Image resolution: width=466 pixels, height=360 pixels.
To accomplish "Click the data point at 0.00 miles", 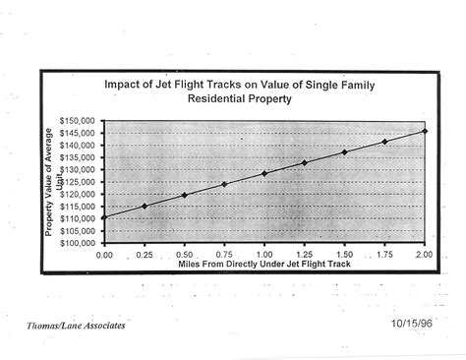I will click(104, 217).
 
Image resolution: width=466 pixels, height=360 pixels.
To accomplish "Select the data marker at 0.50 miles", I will click(184, 195).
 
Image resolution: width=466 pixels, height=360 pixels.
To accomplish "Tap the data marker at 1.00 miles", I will click(264, 173).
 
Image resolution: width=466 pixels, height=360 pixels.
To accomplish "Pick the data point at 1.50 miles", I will click(344, 151).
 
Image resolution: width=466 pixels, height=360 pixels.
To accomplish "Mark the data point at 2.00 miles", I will click(424, 131).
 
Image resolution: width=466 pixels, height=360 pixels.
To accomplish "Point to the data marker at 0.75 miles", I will click(224, 184).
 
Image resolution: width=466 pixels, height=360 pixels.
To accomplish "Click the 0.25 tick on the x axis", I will click(145, 254).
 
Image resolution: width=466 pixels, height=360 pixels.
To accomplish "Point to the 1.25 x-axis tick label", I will click(304, 254).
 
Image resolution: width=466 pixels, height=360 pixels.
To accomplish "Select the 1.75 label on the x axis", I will click(383, 254).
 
